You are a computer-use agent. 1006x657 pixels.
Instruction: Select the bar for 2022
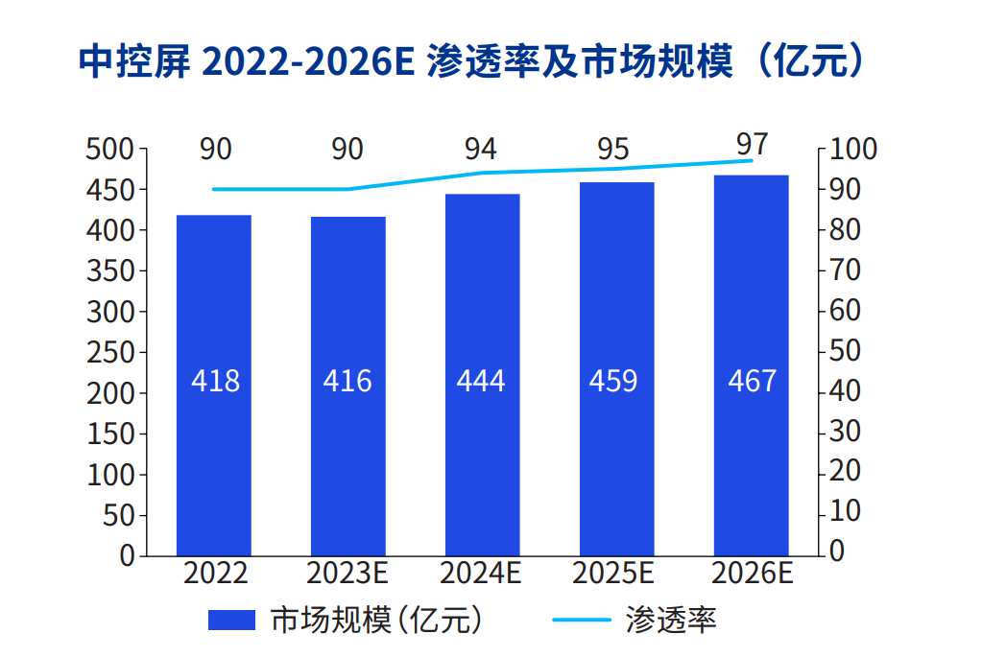(214, 384)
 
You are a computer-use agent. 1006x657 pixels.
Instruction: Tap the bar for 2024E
(482, 374)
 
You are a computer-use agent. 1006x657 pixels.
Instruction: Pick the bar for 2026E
(751, 364)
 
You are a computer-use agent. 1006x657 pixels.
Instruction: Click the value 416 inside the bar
(347, 381)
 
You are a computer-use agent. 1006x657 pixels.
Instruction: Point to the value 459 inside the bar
(614, 381)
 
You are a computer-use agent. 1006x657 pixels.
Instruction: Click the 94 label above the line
(481, 150)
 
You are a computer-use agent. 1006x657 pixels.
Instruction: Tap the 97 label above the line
(752, 144)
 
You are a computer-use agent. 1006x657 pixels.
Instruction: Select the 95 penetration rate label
(613, 150)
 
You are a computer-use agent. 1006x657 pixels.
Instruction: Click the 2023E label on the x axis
(347, 574)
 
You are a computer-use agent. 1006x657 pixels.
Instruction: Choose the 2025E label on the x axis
(613, 574)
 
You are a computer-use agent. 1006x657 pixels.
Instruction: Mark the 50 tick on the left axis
(120, 515)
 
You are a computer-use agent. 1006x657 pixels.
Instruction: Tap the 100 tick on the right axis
(852, 150)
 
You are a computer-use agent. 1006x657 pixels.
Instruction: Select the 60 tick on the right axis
(845, 311)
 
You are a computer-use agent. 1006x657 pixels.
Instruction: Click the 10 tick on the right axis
(845, 512)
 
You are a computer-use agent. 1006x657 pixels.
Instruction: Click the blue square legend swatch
(232, 621)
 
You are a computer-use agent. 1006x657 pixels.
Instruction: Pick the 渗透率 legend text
(670, 621)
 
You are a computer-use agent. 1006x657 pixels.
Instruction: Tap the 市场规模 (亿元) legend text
(375, 621)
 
